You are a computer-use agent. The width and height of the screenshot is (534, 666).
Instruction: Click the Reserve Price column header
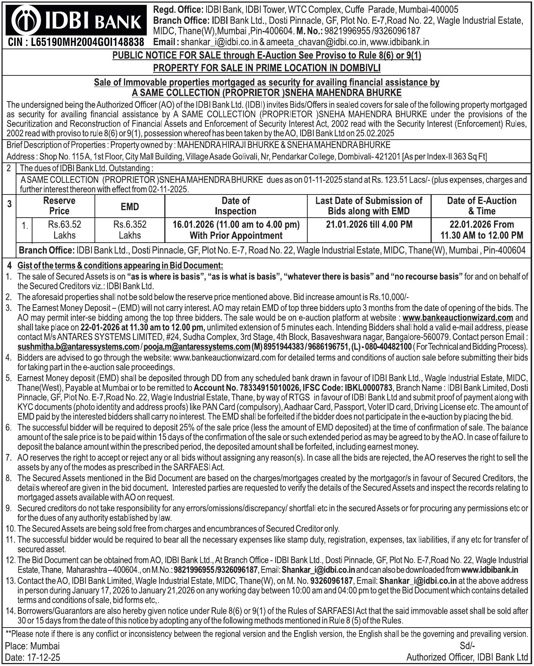(x=59, y=206)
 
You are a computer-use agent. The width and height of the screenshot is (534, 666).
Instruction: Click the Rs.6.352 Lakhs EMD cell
(x=130, y=230)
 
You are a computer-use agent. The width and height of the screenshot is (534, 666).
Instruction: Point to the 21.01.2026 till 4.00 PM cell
(x=369, y=225)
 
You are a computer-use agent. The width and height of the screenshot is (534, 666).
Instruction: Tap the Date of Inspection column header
(x=236, y=206)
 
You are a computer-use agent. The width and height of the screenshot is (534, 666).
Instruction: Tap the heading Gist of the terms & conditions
(x=120, y=266)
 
